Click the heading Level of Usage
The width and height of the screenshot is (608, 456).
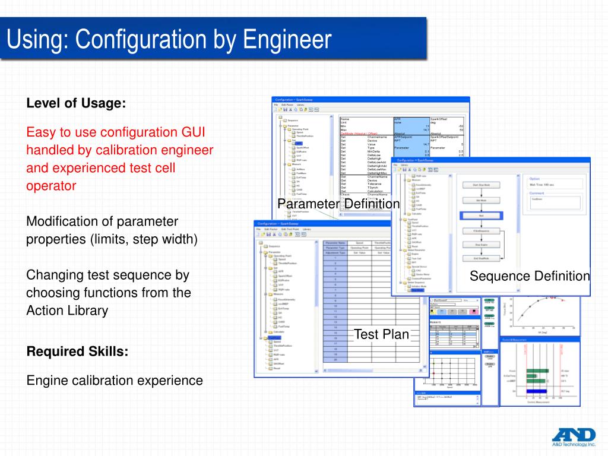click(x=76, y=103)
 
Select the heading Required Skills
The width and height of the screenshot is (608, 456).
click(x=77, y=351)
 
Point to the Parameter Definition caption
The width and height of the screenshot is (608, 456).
click(x=339, y=204)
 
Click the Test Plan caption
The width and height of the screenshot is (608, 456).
click(x=382, y=334)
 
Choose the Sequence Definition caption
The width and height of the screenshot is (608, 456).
click(x=530, y=276)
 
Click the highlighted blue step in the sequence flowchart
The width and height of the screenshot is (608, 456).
click(x=481, y=216)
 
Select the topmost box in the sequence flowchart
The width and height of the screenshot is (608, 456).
click(x=481, y=185)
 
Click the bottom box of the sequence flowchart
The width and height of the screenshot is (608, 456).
click(x=481, y=258)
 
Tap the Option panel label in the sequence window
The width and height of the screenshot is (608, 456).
click(x=534, y=179)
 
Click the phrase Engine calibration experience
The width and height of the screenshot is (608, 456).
click(x=115, y=381)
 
